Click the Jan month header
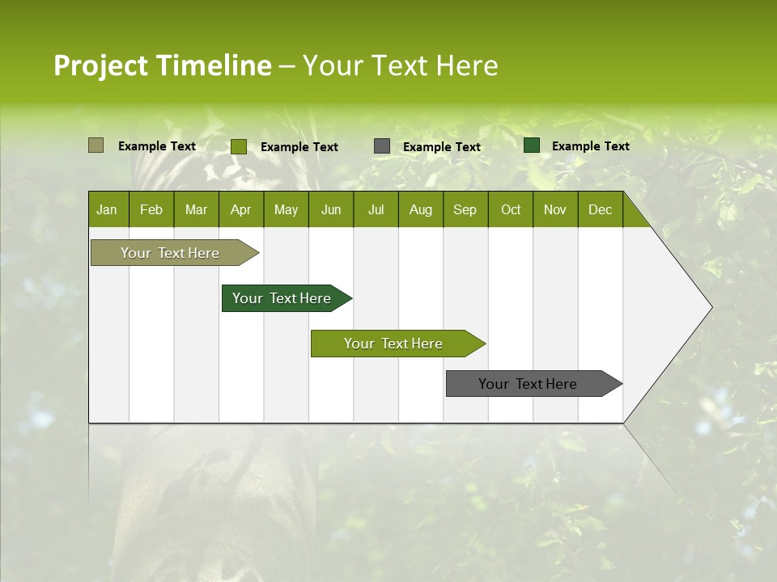click(x=108, y=209)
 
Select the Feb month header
click(x=151, y=209)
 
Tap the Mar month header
click(x=196, y=209)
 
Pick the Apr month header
click(x=240, y=209)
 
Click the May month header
click(x=286, y=209)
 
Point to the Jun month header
click(x=331, y=209)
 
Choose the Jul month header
click(x=376, y=209)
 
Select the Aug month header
click(x=421, y=209)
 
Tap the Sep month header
click(x=465, y=209)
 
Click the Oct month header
click(x=511, y=209)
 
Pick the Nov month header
click(x=555, y=209)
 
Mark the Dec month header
click(x=600, y=209)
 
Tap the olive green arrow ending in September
click(x=394, y=344)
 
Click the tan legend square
click(x=96, y=145)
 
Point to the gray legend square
click(x=382, y=146)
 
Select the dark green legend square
click(x=532, y=145)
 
